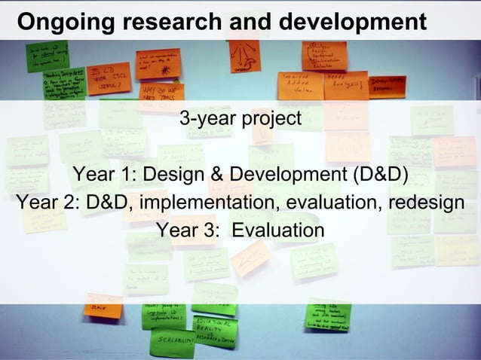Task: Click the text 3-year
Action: (206, 119)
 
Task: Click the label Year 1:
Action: (104, 175)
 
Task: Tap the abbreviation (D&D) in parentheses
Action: (380, 175)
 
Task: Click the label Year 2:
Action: (47, 203)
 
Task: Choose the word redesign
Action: (426, 203)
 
